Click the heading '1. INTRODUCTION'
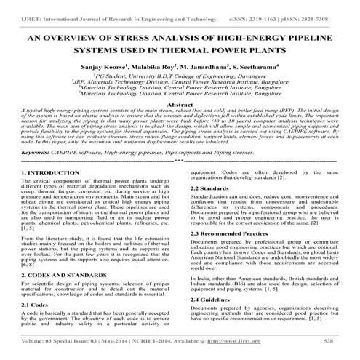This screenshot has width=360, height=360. click(x=49, y=193)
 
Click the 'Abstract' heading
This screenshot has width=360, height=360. click(x=180, y=105)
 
